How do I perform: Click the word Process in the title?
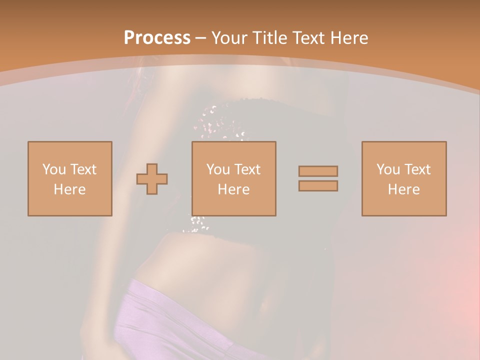157,38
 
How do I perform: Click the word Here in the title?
350,38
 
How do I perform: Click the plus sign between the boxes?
152,179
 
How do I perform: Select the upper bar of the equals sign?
318,171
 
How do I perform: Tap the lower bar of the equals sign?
318,186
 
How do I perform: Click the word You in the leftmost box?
53,169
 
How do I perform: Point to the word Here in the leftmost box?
70,189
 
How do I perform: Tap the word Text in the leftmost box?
82,169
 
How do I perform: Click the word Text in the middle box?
246,169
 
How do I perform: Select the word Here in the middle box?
234,189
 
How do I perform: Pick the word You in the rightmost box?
387,169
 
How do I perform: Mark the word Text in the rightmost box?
416,169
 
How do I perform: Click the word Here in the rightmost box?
404,189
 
